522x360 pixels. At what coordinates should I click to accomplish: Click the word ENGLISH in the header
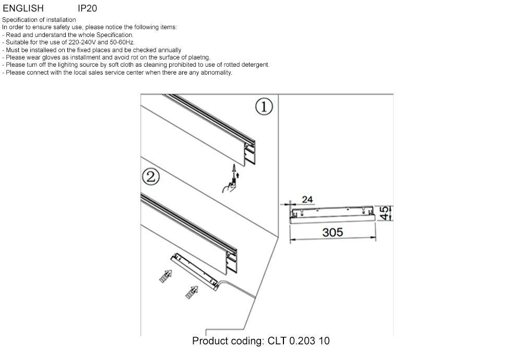tap(23, 8)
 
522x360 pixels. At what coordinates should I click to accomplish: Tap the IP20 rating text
tap(87, 8)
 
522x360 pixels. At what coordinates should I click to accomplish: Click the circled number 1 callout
tap(264, 107)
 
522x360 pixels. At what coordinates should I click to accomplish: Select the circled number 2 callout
tap(150, 177)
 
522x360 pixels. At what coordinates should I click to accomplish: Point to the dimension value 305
tap(333, 232)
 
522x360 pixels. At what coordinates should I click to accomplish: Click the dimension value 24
tap(307, 199)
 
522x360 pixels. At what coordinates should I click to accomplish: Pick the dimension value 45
tap(384, 213)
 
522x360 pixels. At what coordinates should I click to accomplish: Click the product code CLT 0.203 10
tap(299, 341)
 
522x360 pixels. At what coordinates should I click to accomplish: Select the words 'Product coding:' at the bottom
tap(229, 341)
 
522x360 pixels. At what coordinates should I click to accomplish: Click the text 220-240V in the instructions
tap(82, 42)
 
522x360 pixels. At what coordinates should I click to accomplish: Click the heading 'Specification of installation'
tap(39, 20)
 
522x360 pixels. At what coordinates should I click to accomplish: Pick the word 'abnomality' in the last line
tap(216, 73)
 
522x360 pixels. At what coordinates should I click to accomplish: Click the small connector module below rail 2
tap(196, 269)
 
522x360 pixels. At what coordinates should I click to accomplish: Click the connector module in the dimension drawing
tap(333, 214)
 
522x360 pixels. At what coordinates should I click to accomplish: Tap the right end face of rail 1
tap(250, 151)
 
